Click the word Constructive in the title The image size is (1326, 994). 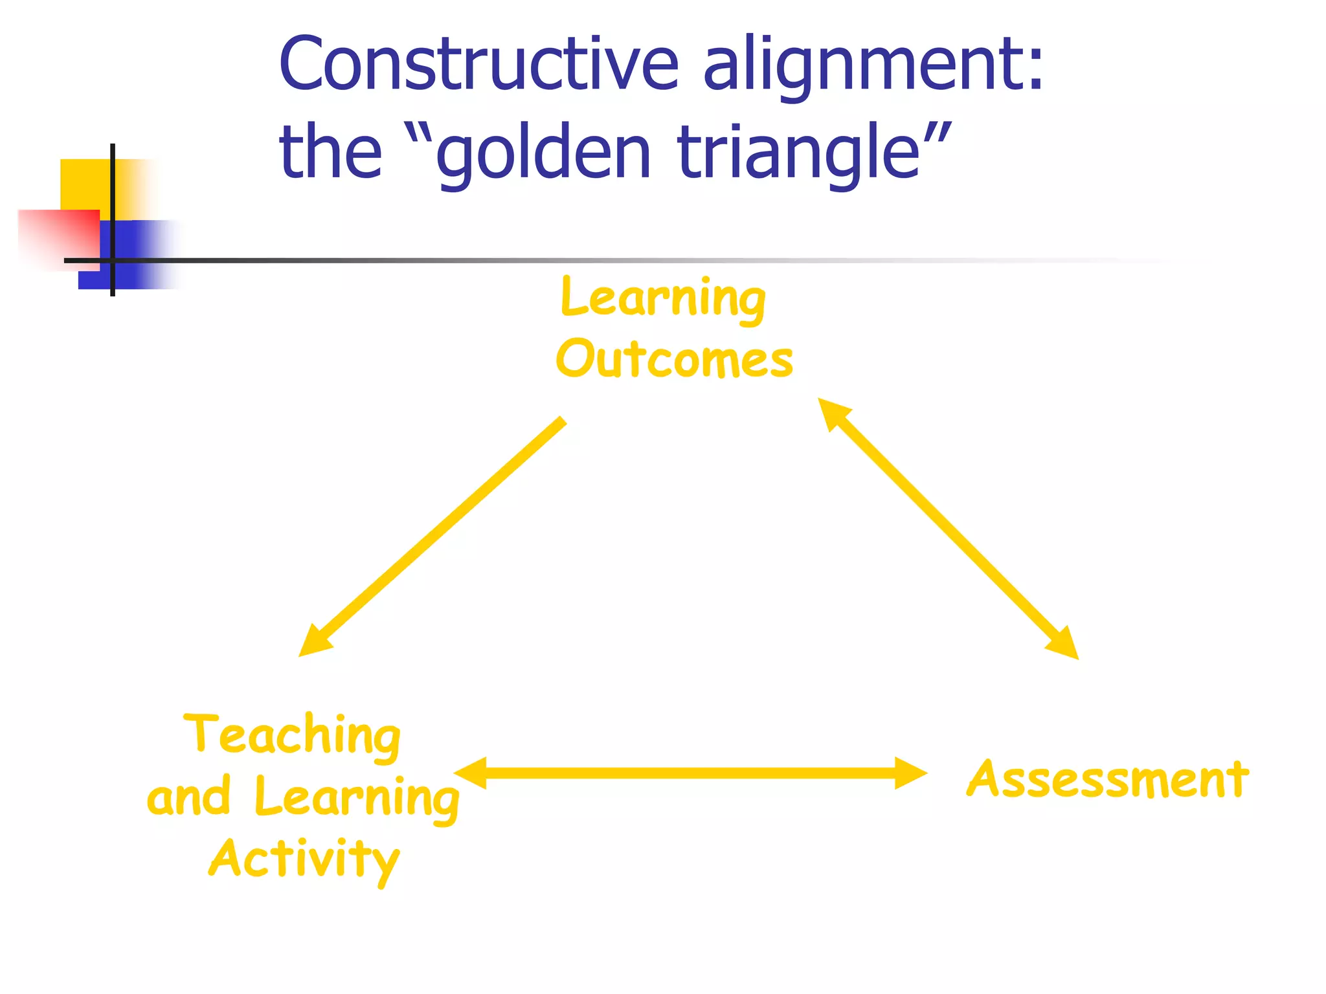[x=479, y=65]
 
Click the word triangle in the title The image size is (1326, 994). [x=800, y=153]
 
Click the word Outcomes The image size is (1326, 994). [x=674, y=359]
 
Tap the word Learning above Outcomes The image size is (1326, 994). [x=663, y=299]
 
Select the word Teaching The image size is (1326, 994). [x=293, y=736]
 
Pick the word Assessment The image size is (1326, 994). [x=1107, y=779]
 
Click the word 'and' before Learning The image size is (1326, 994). [x=188, y=797]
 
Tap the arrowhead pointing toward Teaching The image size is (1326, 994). [x=313, y=642]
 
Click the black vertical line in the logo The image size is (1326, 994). [x=113, y=194]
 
